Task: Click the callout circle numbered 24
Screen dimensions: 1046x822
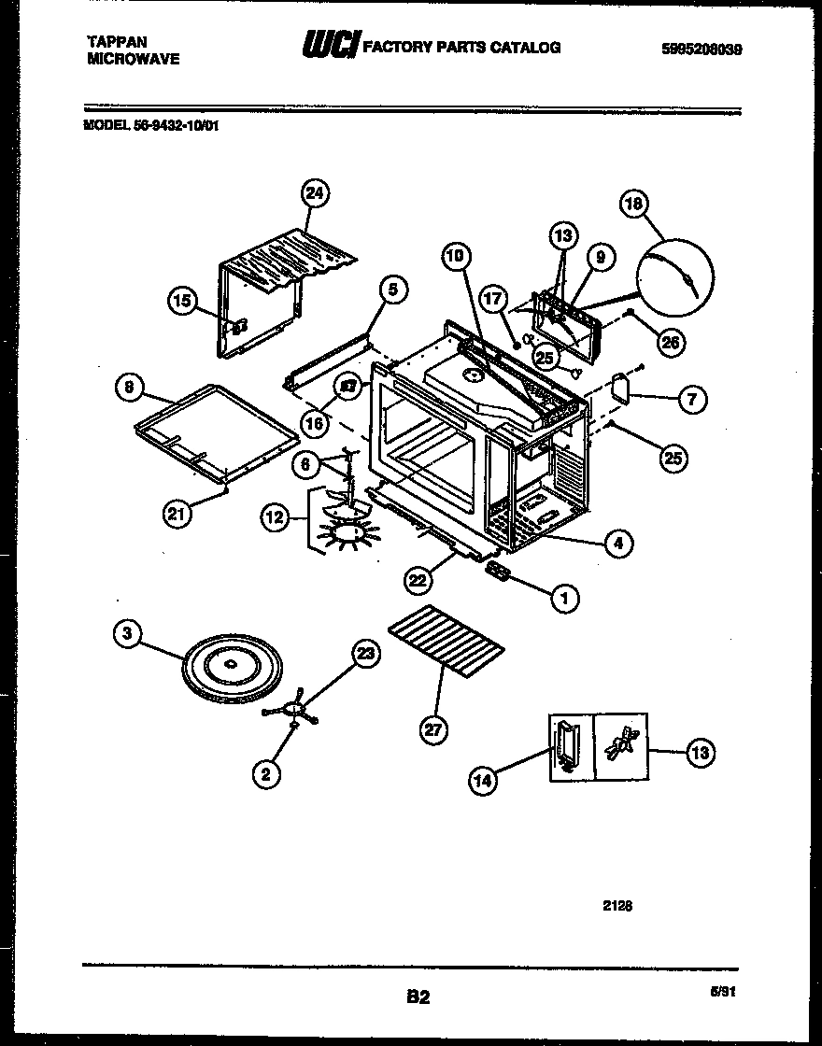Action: (316, 193)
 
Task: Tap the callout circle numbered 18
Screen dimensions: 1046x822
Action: (636, 205)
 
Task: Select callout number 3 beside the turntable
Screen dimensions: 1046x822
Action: (126, 634)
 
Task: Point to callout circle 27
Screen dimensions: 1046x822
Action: (432, 730)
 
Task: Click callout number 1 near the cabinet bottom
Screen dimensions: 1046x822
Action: (563, 599)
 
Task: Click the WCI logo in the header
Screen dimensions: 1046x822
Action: (329, 46)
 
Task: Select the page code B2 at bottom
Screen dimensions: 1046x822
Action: (418, 997)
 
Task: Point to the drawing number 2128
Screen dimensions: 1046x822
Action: (620, 904)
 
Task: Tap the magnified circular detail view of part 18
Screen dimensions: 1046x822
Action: (674, 277)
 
